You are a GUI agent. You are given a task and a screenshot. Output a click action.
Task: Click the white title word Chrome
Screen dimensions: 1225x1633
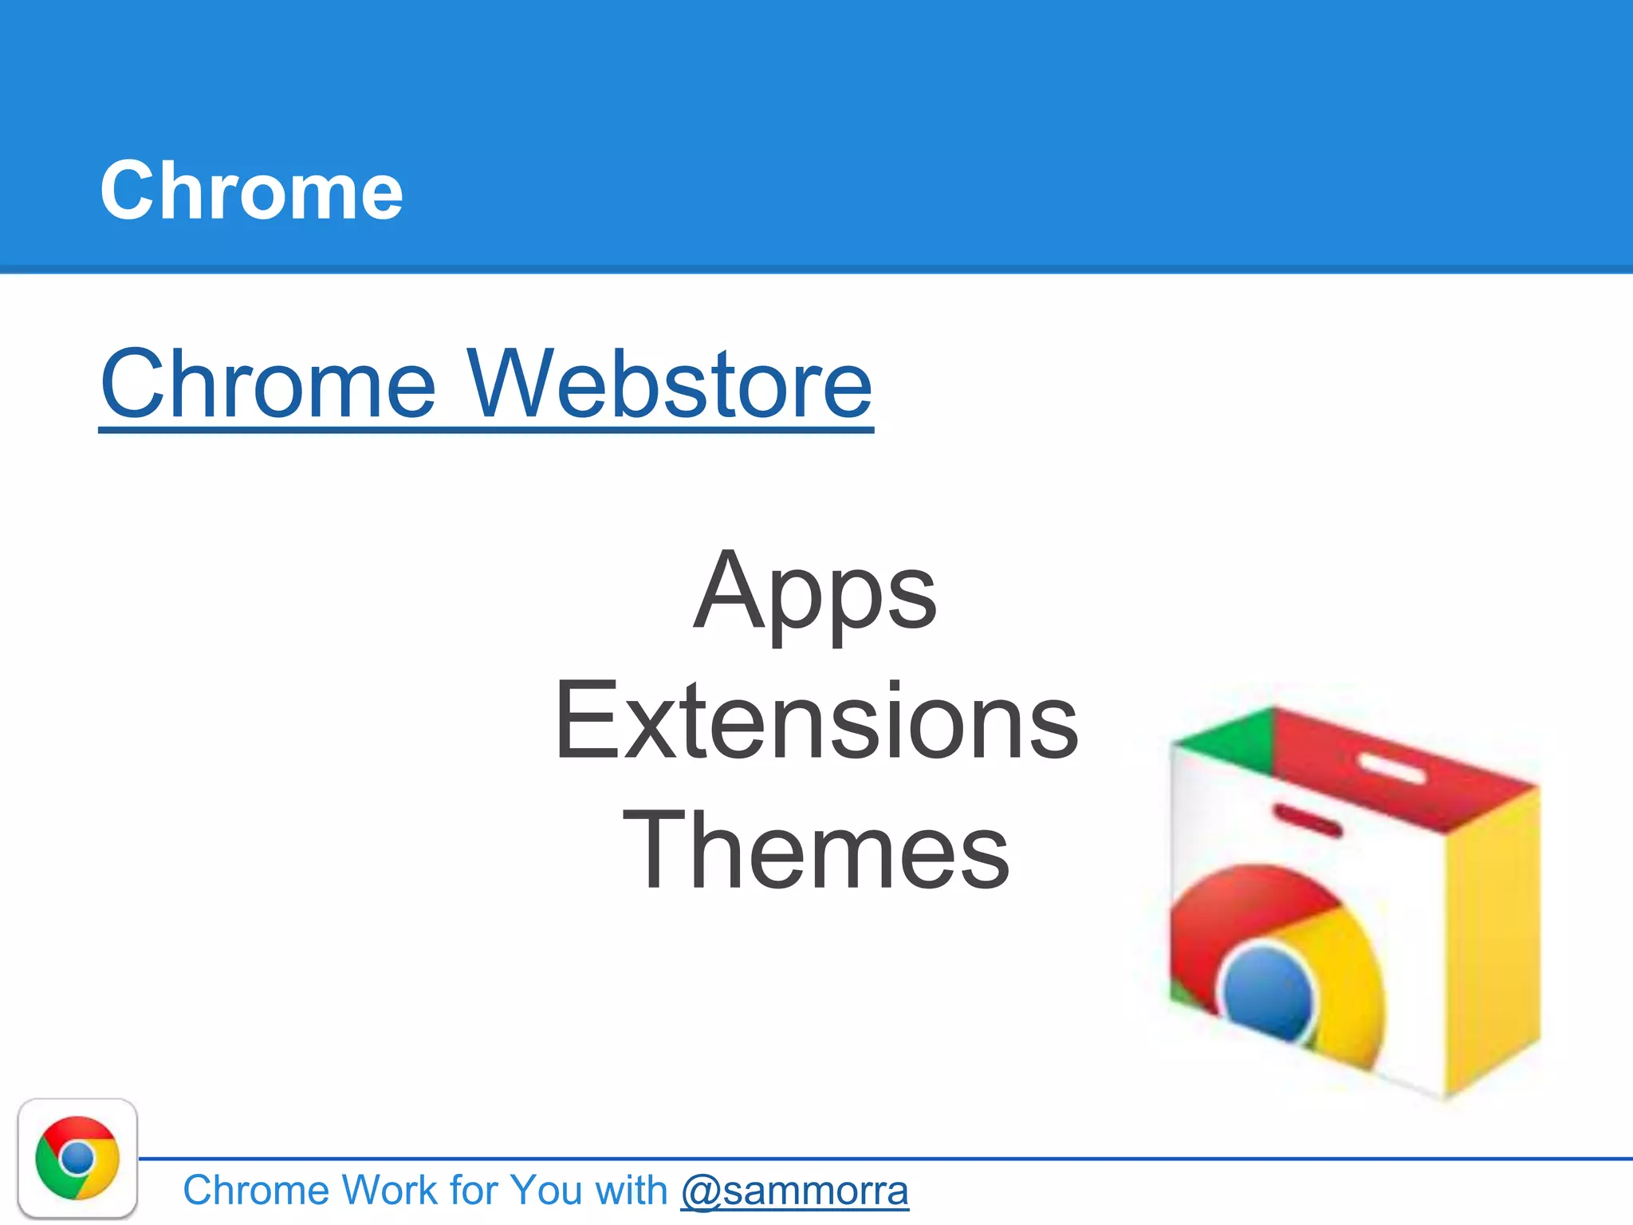(251, 191)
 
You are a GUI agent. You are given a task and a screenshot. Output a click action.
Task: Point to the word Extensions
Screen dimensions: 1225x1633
(815, 722)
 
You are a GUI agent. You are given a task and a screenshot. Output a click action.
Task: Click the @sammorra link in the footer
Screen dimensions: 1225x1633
(794, 1191)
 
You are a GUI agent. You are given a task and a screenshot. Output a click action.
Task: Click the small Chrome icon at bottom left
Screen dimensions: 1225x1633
(77, 1158)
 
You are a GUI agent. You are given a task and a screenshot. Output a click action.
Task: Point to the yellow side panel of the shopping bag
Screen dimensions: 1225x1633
(1491, 941)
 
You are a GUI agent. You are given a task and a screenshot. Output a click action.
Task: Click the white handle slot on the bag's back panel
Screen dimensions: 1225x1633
(1391, 768)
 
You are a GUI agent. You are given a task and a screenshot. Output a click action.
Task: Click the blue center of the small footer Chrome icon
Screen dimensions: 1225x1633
(77, 1158)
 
